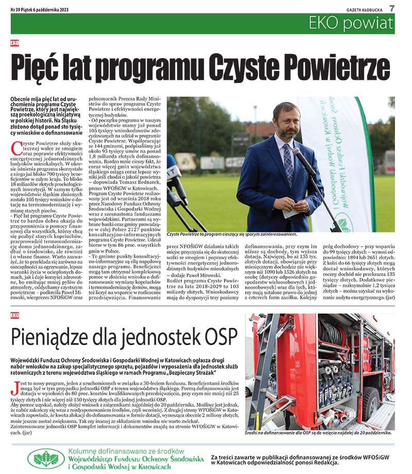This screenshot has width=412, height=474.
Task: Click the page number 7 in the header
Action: point(392,8)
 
